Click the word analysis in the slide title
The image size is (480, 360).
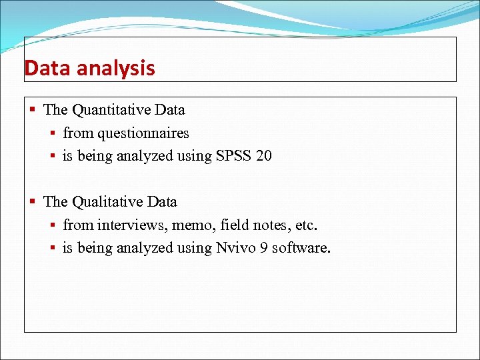(114, 69)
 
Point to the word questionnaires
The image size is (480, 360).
(143, 133)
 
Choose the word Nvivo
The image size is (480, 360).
(234, 248)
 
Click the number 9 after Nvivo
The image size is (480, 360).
(261, 248)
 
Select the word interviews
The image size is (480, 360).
(127, 225)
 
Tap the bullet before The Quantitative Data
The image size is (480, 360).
(34, 109)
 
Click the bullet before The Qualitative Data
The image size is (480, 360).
(34, 201)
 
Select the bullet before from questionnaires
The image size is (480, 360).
(53, 133)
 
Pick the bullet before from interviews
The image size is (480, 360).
(53, 225)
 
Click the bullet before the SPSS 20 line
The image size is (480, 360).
(53, 157)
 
